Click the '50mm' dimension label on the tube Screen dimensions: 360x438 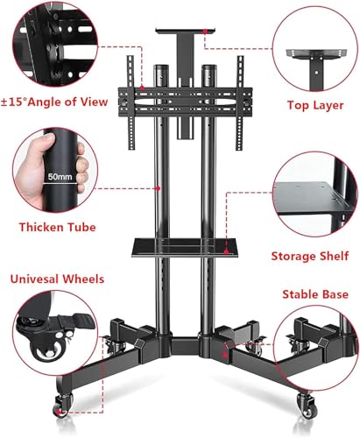coord(60,176)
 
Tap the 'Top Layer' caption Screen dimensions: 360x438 coord(315,105)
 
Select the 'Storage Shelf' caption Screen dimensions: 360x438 coord(310,256)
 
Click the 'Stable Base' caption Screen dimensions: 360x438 coord(315,294)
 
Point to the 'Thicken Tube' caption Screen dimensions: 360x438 coord(58,227)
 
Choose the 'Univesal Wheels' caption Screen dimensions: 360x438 coord(57,279)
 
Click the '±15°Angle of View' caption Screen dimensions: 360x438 coord(54,102)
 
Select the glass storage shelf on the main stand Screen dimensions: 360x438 coord(184,247)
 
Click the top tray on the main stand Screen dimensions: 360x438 coord(186,31)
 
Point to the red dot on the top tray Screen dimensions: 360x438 coord(205,31)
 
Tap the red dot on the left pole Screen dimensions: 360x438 coord(158,188)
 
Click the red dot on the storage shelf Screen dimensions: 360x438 coord(226,251)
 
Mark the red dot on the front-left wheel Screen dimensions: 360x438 coord(60,413)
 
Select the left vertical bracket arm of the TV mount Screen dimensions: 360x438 coord(131,102)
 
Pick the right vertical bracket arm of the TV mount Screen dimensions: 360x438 coord(240,102)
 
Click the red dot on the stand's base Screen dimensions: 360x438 coord(225,355)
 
